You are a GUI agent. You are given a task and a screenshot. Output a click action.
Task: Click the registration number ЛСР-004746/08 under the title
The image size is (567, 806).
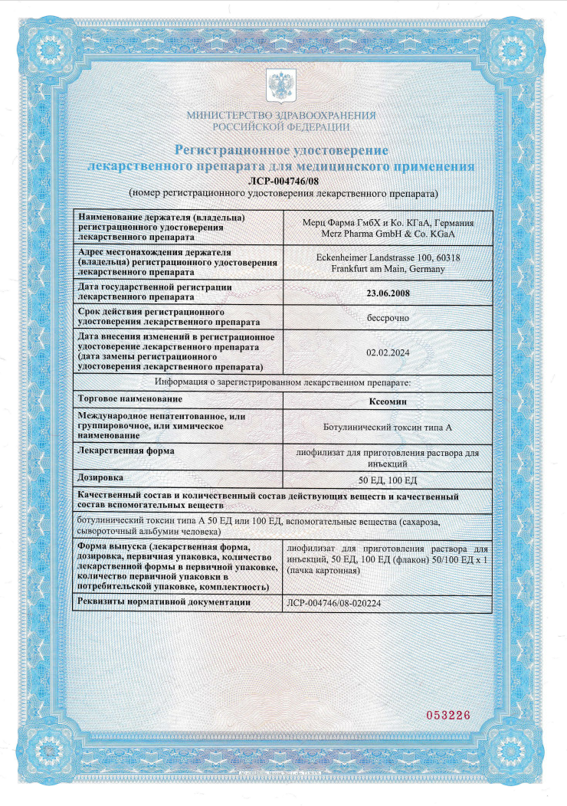point(282,180)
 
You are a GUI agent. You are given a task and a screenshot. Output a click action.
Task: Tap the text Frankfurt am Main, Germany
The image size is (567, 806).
point(388,268)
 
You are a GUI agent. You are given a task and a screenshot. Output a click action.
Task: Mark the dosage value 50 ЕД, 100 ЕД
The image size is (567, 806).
point(388,480)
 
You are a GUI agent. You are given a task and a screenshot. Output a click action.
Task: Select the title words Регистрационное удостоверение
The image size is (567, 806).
point(281,149)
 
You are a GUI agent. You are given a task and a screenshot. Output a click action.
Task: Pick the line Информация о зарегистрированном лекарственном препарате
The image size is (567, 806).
point(283,382)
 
